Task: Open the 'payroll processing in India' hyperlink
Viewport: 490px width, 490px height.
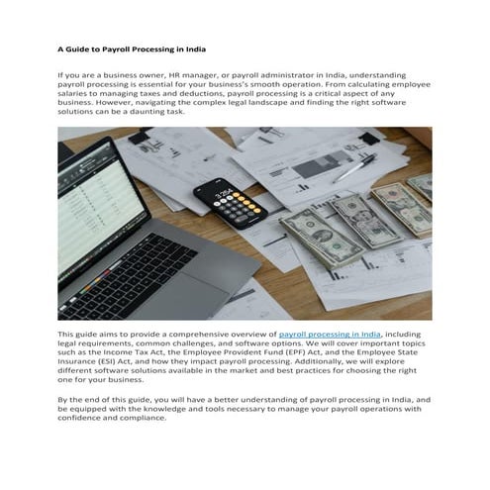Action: [x=330, y=336]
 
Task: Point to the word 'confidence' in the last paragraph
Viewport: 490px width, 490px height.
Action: [x=82, y=416]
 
